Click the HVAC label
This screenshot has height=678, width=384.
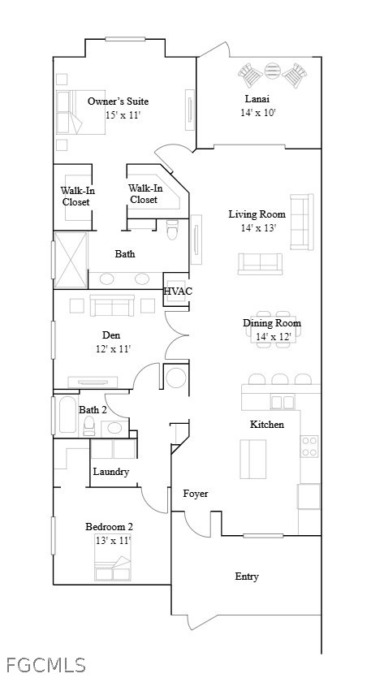point(178,291)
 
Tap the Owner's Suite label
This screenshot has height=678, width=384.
point(118,101)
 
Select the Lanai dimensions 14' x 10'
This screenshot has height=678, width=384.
point(258,112)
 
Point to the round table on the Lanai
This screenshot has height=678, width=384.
point(273,71)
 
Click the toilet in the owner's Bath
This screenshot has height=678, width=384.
point(173,230)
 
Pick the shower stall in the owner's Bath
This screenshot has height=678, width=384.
point(71,260)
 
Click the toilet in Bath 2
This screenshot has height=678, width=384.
point(89,426)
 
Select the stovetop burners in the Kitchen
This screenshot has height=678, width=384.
point(309,447)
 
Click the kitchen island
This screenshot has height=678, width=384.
point(253,459)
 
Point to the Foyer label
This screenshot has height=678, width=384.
point(196,494)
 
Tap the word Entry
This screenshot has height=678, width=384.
point(247,577)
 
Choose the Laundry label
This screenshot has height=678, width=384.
point(111,472)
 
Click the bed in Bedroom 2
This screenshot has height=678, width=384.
point(112,568)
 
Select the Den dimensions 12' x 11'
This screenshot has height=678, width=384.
point(113,348)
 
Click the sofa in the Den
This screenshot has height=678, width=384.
point(112,305)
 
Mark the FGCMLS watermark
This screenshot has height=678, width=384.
point(45,664)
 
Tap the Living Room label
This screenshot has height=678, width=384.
point(257,214)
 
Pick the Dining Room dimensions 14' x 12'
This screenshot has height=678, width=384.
point(274,336)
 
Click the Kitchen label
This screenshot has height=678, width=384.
point(267,425)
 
